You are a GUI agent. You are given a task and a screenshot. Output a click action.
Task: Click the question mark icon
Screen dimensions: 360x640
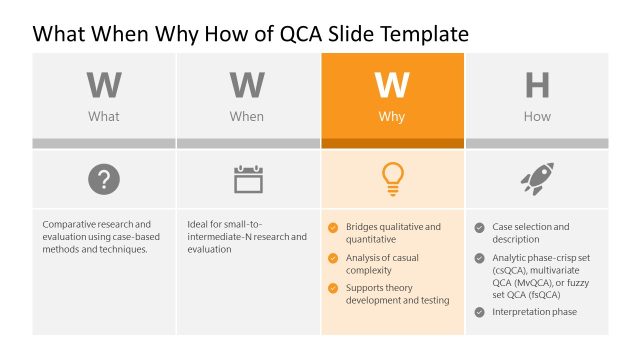pos(104,180)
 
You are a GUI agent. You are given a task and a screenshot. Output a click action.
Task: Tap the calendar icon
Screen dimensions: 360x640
pos(248,180)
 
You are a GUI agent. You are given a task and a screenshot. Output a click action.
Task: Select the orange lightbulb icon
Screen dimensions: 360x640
pos(392,179)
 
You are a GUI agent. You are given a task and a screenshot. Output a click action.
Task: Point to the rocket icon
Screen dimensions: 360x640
pos(536,180)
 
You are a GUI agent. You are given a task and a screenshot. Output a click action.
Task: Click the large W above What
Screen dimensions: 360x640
pos(104,86)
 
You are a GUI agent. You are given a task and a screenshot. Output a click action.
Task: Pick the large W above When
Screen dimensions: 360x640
pos(247,86)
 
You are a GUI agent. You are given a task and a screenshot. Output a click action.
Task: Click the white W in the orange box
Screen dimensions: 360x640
pos(392,86)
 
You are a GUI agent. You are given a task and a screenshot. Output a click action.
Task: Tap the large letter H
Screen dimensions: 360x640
pos(537,86)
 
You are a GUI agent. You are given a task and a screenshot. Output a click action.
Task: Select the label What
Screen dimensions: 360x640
pos(104,117)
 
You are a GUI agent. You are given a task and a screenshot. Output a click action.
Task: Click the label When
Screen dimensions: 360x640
pos(247,117)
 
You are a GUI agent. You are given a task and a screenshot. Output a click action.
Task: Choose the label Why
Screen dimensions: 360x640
pos(392,117)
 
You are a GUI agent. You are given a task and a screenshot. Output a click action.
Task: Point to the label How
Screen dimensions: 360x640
pos(537,117)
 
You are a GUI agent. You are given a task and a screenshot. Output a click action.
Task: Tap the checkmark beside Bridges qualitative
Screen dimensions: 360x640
pos(333,227)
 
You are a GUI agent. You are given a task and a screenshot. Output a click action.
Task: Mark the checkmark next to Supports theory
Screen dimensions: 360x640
pos(333,288)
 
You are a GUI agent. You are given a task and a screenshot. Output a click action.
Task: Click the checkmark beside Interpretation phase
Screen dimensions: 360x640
pos(479,312)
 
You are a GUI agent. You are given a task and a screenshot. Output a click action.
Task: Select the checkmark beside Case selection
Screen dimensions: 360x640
pos(479,227)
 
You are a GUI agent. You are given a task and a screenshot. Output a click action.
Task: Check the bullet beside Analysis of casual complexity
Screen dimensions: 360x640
pos(333,257)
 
